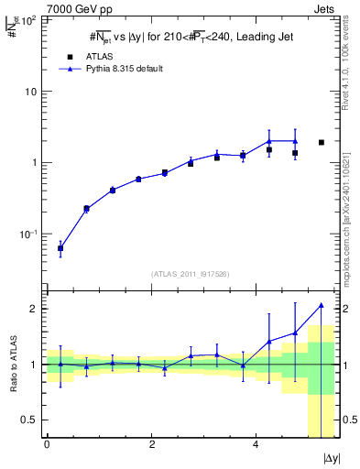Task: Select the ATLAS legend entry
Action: (89, 56)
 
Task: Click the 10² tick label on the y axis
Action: (31, 20)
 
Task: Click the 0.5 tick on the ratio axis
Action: (32, 420)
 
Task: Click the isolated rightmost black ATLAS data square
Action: (321, 142)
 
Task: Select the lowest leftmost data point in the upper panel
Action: (60, 248)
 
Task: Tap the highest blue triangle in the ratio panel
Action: (321, 305)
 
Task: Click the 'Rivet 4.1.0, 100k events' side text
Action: (347, 64)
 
